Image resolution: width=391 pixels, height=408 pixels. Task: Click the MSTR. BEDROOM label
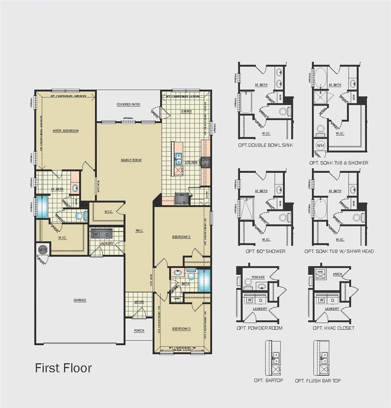point(65,131)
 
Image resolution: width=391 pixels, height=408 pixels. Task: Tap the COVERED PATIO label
point(128,104)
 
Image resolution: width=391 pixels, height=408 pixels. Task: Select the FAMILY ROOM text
point(131,160)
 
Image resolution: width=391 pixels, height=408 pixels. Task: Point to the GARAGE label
point(80,300)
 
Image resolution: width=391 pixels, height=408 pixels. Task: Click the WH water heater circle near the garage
point(43,249)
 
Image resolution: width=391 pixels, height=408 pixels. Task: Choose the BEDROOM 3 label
point(181,329)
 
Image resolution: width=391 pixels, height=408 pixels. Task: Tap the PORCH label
point(139,330)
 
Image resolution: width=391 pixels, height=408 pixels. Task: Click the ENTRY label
point(139,302)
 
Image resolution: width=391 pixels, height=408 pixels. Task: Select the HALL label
point(139,230)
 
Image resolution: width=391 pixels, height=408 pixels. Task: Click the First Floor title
point(63,368)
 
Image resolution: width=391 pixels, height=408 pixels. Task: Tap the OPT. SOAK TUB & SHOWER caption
point(339,163)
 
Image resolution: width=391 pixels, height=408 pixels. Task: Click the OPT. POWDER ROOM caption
point(259,328)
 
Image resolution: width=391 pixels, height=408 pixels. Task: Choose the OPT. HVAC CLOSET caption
point(333,328)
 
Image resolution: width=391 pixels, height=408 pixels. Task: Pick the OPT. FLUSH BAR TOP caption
point(318,381)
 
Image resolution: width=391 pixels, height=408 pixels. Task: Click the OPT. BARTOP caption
point(268,381)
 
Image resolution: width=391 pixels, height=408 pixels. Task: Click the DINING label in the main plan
point(186,111)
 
